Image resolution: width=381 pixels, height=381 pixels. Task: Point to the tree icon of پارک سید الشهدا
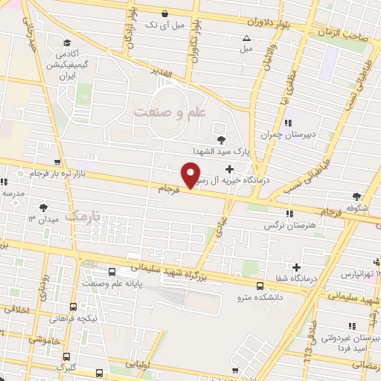tap(220, 139)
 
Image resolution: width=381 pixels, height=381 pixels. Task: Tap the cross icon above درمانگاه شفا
tap(297, 266)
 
